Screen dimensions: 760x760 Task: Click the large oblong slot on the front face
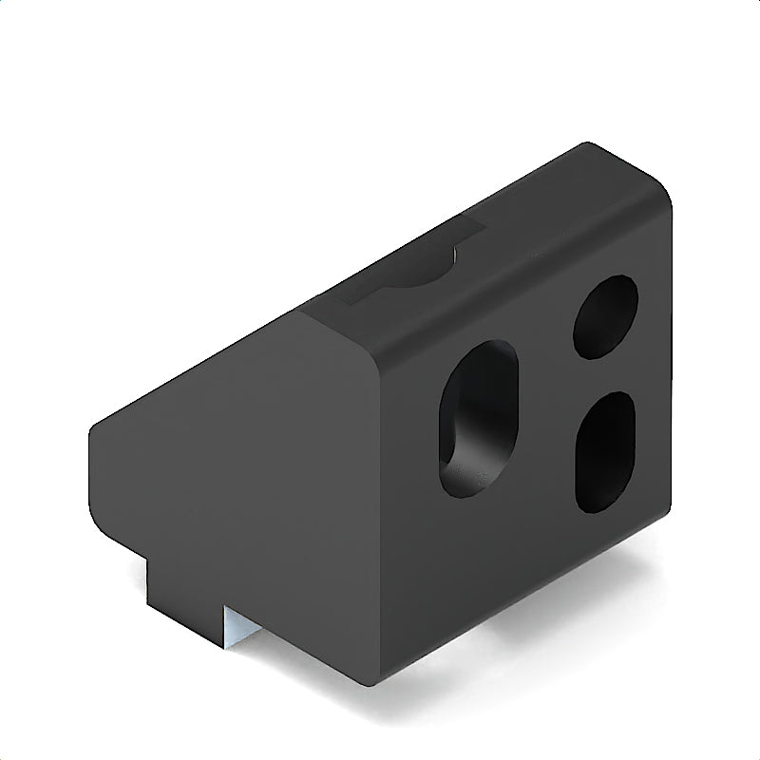point(478,418)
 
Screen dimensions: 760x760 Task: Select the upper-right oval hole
point(605,316)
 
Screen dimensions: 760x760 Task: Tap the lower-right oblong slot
point(605,452)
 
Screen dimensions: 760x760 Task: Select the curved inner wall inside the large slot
point(454,418)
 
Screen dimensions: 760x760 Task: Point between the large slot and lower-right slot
point(546,437)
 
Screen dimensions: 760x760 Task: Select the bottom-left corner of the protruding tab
point(148,606)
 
